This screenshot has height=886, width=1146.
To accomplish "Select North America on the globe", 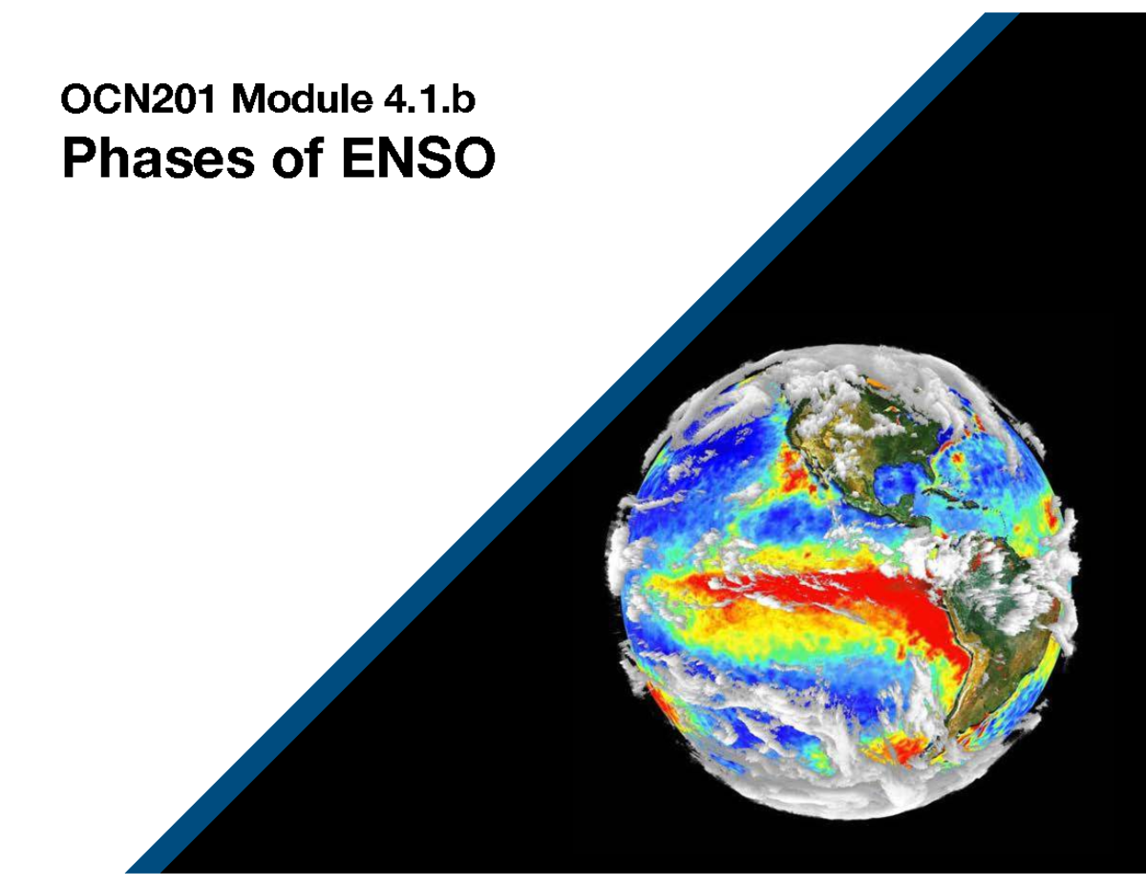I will pos(840,449).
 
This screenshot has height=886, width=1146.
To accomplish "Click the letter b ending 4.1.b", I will pos(464,98).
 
